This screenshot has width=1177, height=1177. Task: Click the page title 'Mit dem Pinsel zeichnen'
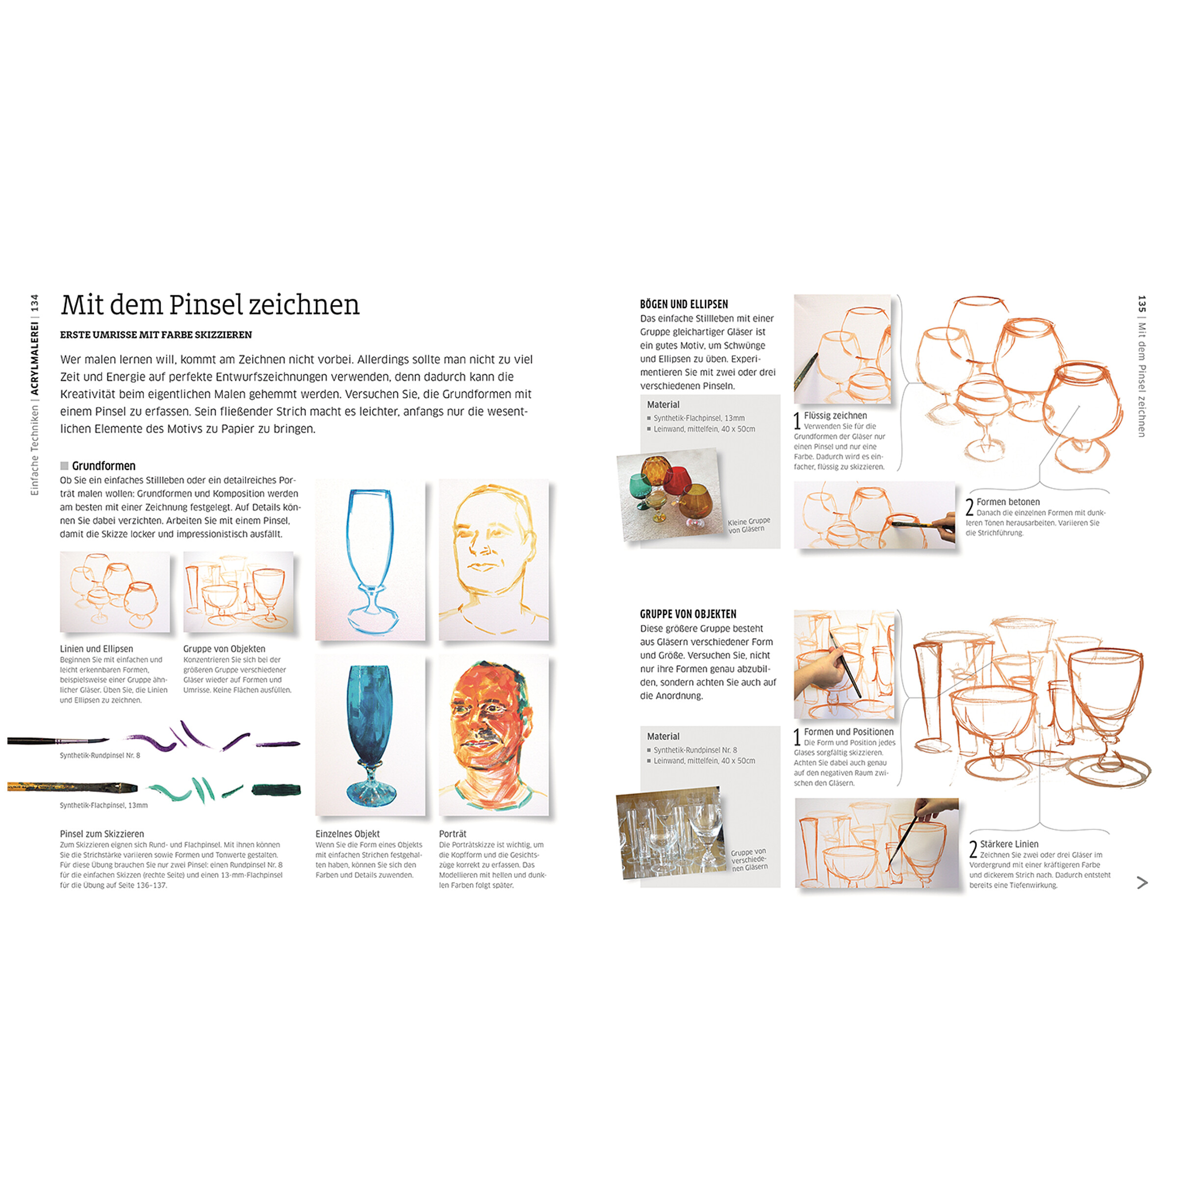click(210, 305)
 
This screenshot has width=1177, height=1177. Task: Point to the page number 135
click(1142, 305)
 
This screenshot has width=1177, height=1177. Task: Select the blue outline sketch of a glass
click(370, 559)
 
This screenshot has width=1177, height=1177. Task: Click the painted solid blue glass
click(370, 735)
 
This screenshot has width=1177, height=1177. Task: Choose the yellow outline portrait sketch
click(493, 559)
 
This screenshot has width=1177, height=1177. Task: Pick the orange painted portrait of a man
click(493, 735)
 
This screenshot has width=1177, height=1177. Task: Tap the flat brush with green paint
click(73, 787)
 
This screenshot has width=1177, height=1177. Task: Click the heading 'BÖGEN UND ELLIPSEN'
click(684, 304)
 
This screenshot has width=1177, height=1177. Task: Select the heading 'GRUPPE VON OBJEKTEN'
click(688, 614)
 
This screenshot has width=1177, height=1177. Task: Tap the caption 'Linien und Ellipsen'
click(96, 649)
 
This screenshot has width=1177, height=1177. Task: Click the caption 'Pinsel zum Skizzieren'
click(102, 834)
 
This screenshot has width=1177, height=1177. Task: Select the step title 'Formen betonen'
click(1008, 502)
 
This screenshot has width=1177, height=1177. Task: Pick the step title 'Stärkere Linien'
click(1009, 844)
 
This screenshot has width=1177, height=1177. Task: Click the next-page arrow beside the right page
click(1142, 883)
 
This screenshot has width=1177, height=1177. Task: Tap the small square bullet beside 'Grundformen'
click(64, 466)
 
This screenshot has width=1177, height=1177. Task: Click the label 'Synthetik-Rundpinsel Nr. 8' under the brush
click(100, 755)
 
